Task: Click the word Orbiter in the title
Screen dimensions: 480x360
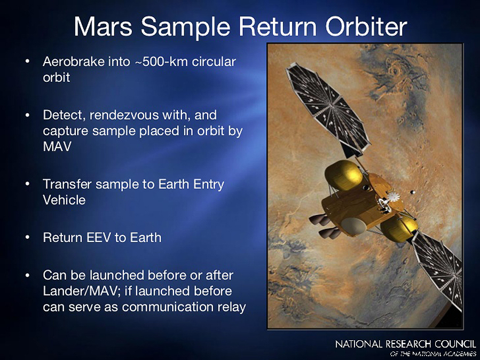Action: point(366,26)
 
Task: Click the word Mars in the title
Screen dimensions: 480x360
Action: point(103,26)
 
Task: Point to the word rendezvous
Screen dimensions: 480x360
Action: point(124,115)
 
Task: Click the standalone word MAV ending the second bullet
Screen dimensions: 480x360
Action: point(57,146)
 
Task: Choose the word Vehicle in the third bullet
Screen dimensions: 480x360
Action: point(64,200)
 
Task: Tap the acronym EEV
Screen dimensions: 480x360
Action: point(99,238)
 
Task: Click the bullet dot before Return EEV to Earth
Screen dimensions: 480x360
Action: point(28,238)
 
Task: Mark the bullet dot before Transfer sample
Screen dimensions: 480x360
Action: point(28,184)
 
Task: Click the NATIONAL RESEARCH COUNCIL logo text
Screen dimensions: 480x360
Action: point(406,344)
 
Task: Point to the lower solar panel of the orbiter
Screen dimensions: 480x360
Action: point(438,269)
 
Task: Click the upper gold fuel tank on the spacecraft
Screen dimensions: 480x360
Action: point(343,175)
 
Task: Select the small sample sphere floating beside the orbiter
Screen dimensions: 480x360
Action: point(413,192)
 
